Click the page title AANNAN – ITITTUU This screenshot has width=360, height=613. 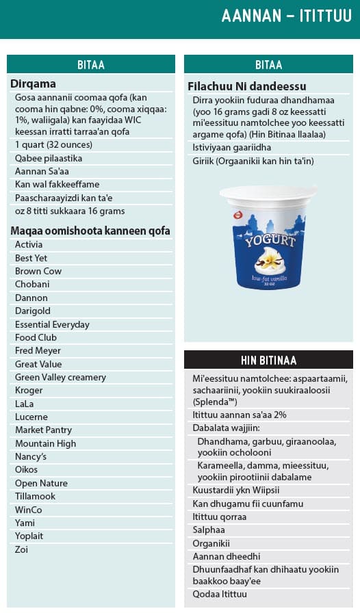click(286, 16)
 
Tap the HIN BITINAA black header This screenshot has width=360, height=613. click(268, 360)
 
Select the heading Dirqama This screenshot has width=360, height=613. click(33, 83)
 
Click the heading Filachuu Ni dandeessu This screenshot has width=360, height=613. click(246, 86)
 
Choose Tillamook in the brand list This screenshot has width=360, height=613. click(35, 496)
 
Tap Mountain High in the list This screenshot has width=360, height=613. click(45, 443)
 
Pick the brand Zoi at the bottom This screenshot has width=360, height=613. click(22, 549)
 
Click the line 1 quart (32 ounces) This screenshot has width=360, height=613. click(53, 144)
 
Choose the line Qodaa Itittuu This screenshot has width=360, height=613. click(220, 594)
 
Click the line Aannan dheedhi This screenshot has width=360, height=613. click(226, 556)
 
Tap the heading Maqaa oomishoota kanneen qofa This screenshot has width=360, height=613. click(90, 231)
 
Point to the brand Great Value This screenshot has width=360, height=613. click(38, 364)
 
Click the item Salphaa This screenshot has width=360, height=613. click(209, 530)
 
